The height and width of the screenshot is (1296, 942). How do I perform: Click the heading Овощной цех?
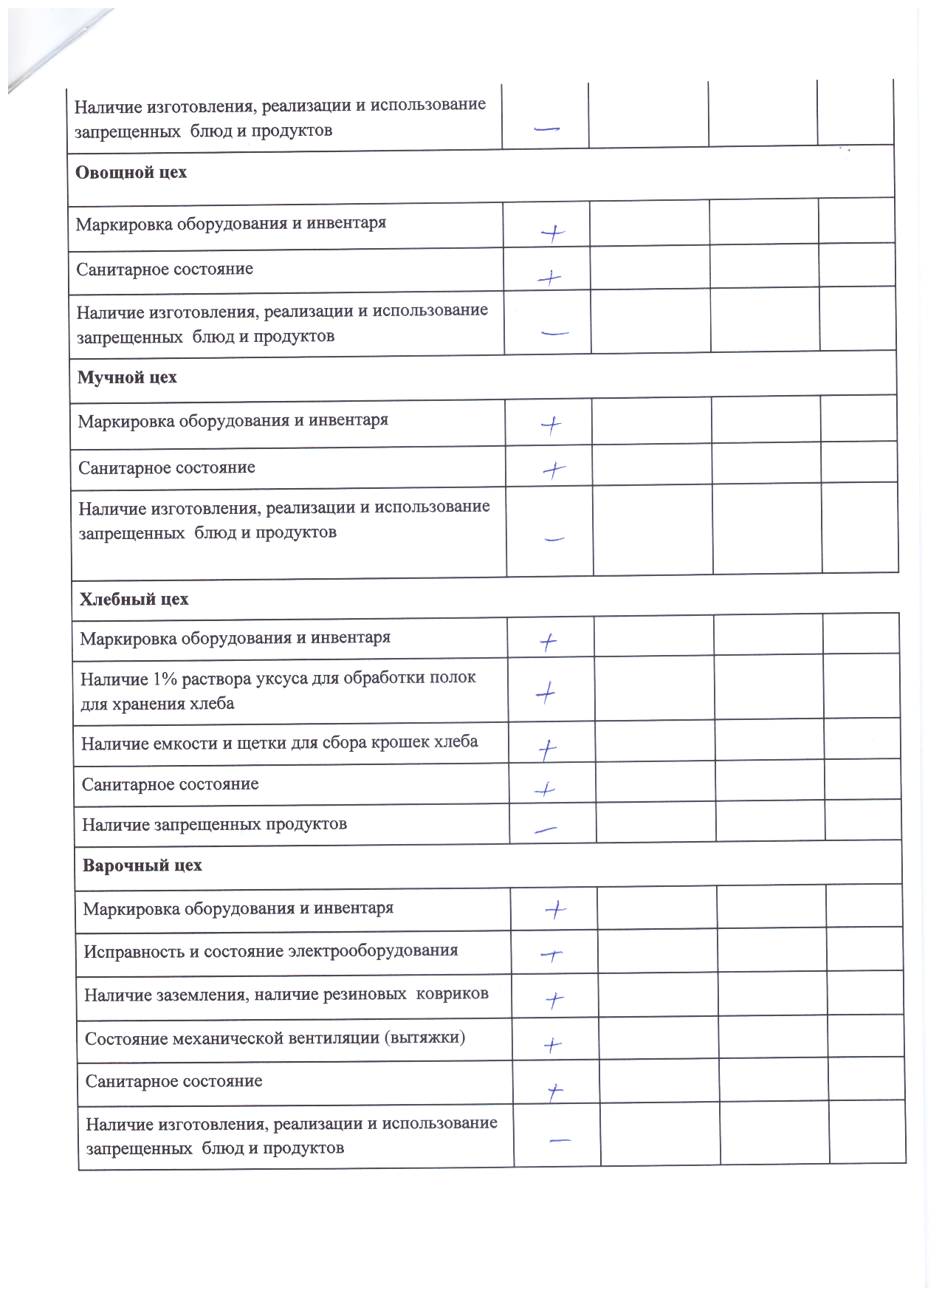pos(131,173)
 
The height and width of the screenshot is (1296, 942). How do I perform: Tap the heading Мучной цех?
pos(127,378)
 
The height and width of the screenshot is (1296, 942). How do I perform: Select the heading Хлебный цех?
pos(134,600)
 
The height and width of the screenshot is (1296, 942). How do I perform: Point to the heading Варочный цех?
pos(142,865)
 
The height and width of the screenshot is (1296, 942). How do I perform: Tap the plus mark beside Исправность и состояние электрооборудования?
pos(551,956)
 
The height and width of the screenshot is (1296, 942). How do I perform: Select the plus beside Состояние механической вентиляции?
pos(552,1045)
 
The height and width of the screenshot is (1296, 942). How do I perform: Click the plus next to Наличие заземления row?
pos(554,1000)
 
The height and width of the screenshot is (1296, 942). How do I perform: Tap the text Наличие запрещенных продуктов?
pos(214,825)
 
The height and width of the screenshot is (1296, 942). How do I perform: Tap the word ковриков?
pos(452,994)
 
